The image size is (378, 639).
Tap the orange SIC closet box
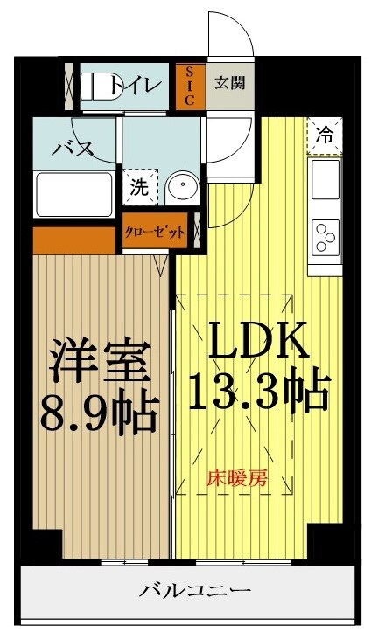pos(188,87)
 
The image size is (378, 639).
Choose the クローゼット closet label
pos(155,232)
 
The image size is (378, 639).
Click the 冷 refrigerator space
pos(324,135)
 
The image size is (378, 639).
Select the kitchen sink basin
pos(325,179)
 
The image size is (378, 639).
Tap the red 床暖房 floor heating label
pos(236,478)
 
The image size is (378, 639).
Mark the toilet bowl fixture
pos(95,86)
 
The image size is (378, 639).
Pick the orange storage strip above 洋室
pos(75,238)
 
